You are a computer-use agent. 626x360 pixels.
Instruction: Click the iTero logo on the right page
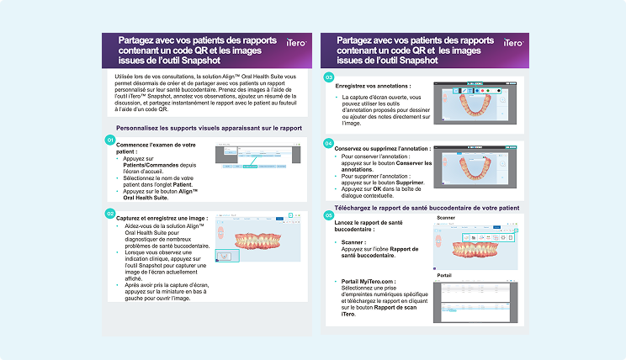click(512, 42)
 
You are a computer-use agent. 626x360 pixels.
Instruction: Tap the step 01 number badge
click(109, 140)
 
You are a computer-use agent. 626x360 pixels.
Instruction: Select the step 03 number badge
click(329, 77)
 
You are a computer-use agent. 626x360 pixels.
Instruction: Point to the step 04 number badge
click(329, 143)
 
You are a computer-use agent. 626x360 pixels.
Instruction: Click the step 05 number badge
click(329, 216)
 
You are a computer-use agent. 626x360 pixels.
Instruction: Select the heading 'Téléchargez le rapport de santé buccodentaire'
click(426, 207)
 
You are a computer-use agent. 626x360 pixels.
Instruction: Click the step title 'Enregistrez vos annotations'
click(373, 87)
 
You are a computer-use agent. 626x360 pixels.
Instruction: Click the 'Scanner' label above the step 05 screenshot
click(446, 218)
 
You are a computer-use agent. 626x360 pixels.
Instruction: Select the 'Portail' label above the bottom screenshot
click(445, 276)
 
